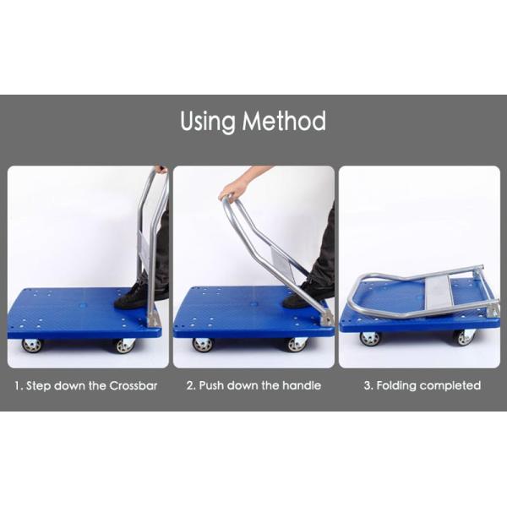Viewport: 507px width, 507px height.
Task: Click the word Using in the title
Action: [208, 122]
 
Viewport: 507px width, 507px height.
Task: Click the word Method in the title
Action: [284, 120]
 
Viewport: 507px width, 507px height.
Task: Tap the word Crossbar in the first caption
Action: [134, 386]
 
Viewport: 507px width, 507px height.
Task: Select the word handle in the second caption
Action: [302, 385]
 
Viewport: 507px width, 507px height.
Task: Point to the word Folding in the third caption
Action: [396, 386]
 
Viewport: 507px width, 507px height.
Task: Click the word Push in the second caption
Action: [210, 385]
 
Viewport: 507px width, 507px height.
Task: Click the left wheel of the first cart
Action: [31, 345]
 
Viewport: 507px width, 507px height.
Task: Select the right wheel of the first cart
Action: [125, 346]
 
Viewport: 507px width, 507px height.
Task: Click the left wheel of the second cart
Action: [203, 345]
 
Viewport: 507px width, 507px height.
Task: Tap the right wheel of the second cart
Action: [297, 345]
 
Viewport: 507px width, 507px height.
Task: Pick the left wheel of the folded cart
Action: [370, 339]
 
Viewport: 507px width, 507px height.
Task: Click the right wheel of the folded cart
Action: [465, 337]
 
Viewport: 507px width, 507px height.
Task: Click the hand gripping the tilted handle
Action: [231, 191]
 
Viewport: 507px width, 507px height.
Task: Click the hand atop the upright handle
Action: [160, 170]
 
